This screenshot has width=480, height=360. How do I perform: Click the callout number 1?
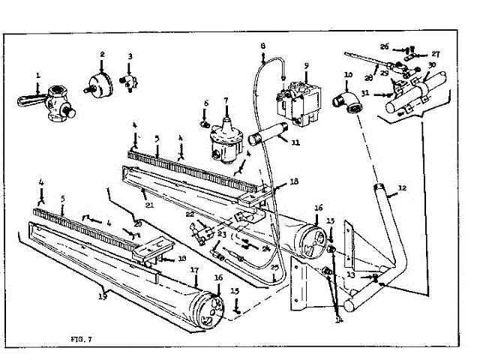tap(38, 75)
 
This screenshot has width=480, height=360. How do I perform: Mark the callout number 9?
tap(306, 65)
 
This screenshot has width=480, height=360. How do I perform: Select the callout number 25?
tap(276, 267)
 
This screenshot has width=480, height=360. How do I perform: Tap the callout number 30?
tap(432, 65)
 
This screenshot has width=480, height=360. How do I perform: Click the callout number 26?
tap(385, 46)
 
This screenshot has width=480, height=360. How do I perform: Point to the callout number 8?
tap(263, 46)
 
